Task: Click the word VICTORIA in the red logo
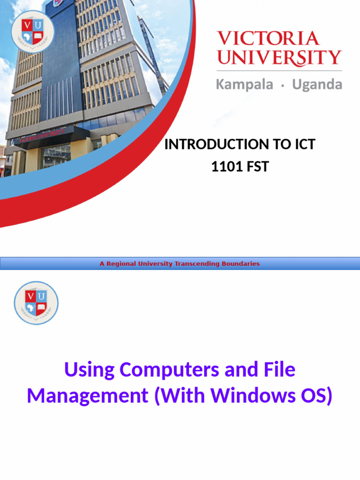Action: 268,38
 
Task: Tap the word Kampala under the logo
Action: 244,85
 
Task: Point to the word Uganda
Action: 317,85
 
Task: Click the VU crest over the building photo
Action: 32,31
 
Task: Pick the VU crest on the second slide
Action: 36,303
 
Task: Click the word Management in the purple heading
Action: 87,396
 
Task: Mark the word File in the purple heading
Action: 277,370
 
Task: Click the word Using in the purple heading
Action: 89,370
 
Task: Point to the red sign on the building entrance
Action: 40,136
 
